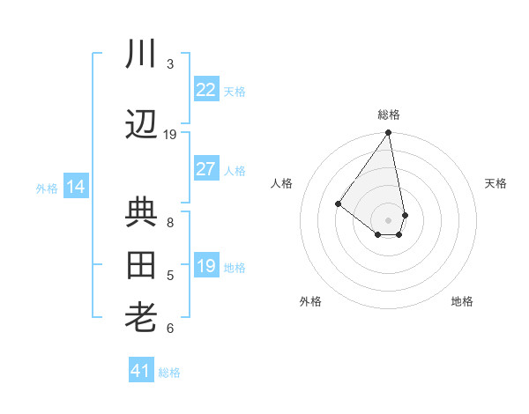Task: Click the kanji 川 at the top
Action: point(142,55)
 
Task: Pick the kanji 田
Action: point(142,265)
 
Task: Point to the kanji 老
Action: point(142,318)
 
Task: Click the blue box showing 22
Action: point(205,90)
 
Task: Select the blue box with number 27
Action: point(205,170)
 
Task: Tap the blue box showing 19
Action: point(205,266)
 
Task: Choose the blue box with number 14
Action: point(75,187)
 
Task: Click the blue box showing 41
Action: point(140,371)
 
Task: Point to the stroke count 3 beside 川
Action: point(170,64)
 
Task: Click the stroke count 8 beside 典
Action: point(170,223)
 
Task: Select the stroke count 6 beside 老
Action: point(170,329)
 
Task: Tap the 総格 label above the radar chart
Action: point(389,115)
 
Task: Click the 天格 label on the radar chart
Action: point(496,183)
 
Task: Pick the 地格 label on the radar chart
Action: point(462,301)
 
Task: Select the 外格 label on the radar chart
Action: point(310,301)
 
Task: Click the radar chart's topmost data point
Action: point(388,134)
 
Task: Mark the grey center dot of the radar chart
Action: point(388,219)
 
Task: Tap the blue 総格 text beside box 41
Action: point(169,373)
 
